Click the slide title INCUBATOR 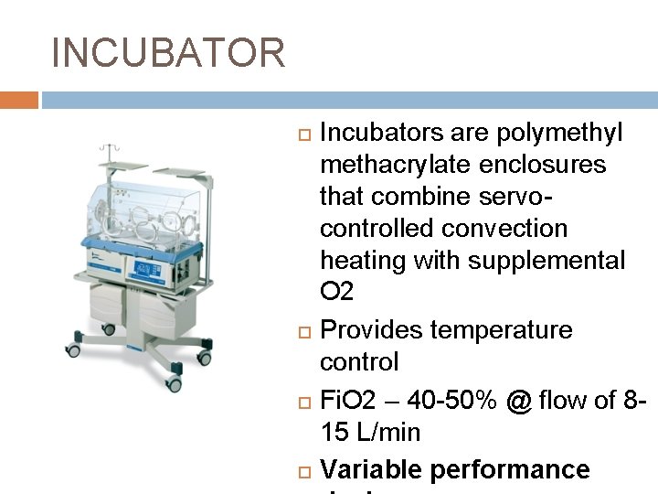(169, 53)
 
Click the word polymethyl (559, 134)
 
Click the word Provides (377, 329)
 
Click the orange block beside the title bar (18, 100)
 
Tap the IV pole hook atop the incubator (110, 148)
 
